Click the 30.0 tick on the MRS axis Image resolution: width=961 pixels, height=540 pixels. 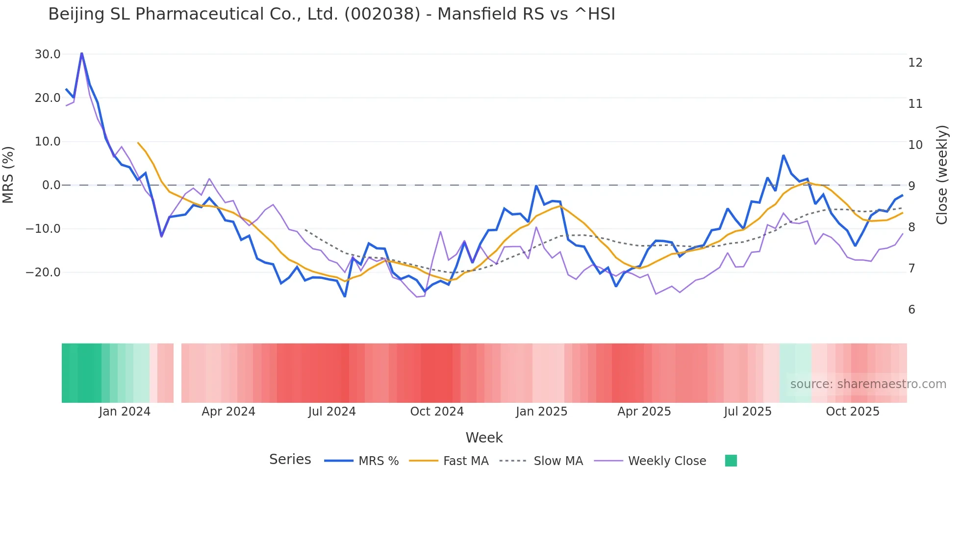[47, 54]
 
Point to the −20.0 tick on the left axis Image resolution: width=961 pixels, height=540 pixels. [43, 272]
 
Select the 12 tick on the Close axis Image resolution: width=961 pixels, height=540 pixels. [915, 63]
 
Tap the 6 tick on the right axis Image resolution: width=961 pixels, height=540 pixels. [911, 310]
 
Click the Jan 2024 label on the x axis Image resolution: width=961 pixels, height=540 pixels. [125, 412]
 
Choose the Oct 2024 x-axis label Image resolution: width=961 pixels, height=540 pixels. [437, 412]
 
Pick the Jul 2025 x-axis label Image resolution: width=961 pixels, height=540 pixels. [747, 412]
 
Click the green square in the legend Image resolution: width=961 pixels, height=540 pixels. [731, 461]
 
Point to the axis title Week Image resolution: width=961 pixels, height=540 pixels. [484, 438]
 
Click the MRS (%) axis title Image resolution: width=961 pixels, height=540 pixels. [8, 175]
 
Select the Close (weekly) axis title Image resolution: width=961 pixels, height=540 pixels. [942, 175]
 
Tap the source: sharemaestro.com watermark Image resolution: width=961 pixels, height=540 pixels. [868, 384]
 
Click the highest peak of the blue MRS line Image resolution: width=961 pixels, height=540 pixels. [81, 53]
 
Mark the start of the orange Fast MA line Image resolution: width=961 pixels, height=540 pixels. [138, 143]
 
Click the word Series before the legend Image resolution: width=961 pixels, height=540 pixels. [290, 460]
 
